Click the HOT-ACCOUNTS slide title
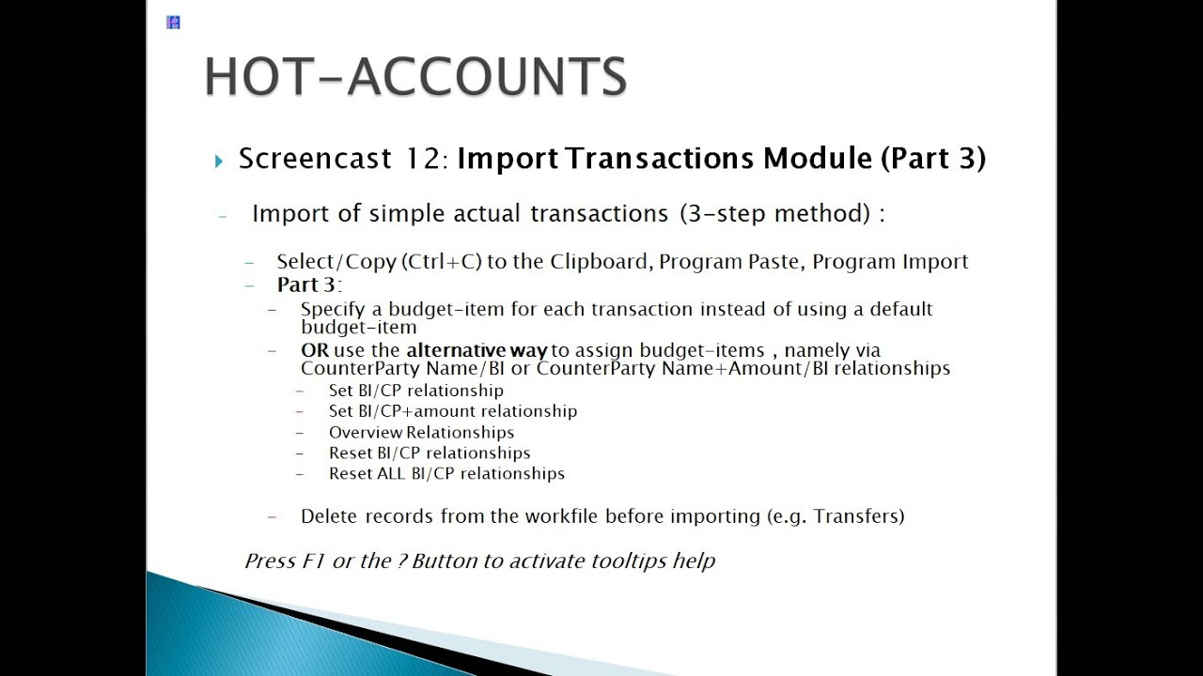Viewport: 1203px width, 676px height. [415, 77]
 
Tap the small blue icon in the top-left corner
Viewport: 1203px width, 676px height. [173, 23]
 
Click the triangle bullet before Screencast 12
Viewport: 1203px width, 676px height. [219, 161]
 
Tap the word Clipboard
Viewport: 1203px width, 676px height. [599, 262]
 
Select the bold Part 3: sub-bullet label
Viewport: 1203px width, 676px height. [308, 284]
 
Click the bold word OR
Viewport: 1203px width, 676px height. [315, 350]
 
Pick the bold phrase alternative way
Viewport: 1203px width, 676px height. [477, 350]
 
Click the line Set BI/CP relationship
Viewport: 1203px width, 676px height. [415, 391]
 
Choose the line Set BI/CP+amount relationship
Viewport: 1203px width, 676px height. [452, 411]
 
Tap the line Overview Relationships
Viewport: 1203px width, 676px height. [421, 433]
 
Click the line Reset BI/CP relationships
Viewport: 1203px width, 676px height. [429, 453]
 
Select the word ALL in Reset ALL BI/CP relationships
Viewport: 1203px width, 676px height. [390, 474]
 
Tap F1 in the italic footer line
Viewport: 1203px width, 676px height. [313, 561]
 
